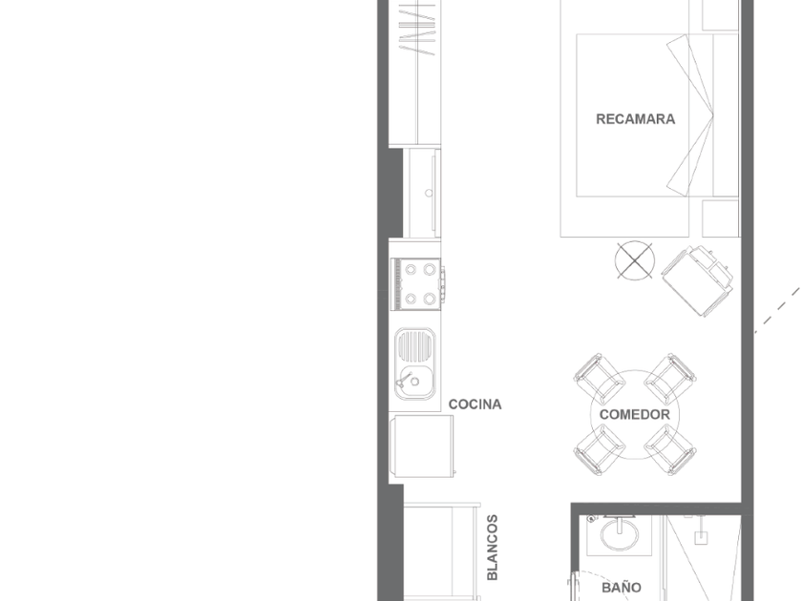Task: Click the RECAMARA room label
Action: (635, 119)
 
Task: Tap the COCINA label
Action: (475, 404)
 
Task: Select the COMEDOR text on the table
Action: (634, 414)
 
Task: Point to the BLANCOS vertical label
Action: (492, 548)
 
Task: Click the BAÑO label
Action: (622, 588)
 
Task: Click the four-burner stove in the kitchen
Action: (417, 284)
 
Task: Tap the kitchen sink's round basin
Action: (416, 382)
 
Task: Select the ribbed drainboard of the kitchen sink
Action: (415, 346)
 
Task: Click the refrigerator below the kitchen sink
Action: (422, 446)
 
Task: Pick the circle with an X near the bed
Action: (634, 260)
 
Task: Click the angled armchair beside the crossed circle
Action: (697, 280)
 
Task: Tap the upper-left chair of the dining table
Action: (599, 379)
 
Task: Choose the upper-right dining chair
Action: (670, 379)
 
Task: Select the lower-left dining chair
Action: (599, 449)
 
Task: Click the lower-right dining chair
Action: (670, 449)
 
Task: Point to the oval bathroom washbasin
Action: (620, 535)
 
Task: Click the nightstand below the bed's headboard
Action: (721, 218)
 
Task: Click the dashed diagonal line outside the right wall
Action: (778, 310)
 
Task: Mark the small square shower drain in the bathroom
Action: (701, 538)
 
